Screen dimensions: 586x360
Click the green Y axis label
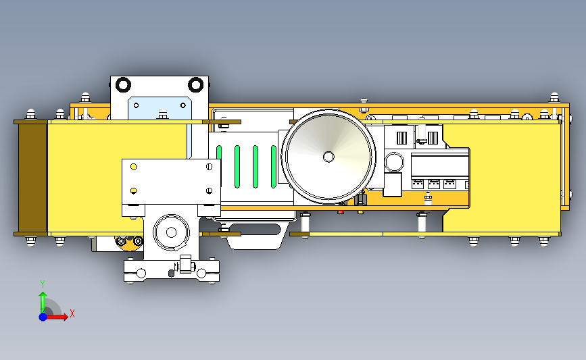[43, 284]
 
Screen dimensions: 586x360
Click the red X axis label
[72, 313]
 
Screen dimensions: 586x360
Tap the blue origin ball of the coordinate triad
[43, 317]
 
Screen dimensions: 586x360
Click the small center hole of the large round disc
[328, 157]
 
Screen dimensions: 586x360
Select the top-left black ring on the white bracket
[123, 85]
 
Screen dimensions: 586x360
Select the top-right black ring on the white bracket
[195, 85]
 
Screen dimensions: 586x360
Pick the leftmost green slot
[219, 157]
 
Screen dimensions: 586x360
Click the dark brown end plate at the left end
[32, 178]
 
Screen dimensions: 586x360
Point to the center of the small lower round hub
[171, 232]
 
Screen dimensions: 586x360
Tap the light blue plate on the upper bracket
[160, 108]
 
